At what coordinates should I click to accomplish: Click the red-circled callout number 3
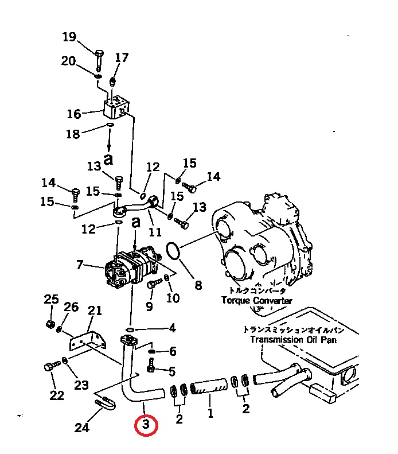click(x=146, y=425)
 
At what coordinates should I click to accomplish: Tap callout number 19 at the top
click(x=69, y=37)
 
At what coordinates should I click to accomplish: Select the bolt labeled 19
click(x=99, y=61)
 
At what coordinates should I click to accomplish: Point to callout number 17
click(x=122, y=57)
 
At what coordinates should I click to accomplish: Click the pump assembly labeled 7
click(x=132, y=268)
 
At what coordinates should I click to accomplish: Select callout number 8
click(x=198, y=285)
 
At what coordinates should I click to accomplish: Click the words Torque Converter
click(x=257, y=300)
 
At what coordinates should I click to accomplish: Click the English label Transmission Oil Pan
click(x=294, y=339)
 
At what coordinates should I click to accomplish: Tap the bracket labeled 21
click(x=88, y=341)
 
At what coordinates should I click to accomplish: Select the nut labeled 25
click(x=50, y=324)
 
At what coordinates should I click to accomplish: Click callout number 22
click(x=57, y=395)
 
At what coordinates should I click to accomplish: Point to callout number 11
click(x=155, y=232)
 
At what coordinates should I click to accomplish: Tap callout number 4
click(x=172, y=328)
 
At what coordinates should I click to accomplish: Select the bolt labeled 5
click(x=151, y=365)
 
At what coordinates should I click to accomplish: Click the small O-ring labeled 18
click(x=110, y=125)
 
